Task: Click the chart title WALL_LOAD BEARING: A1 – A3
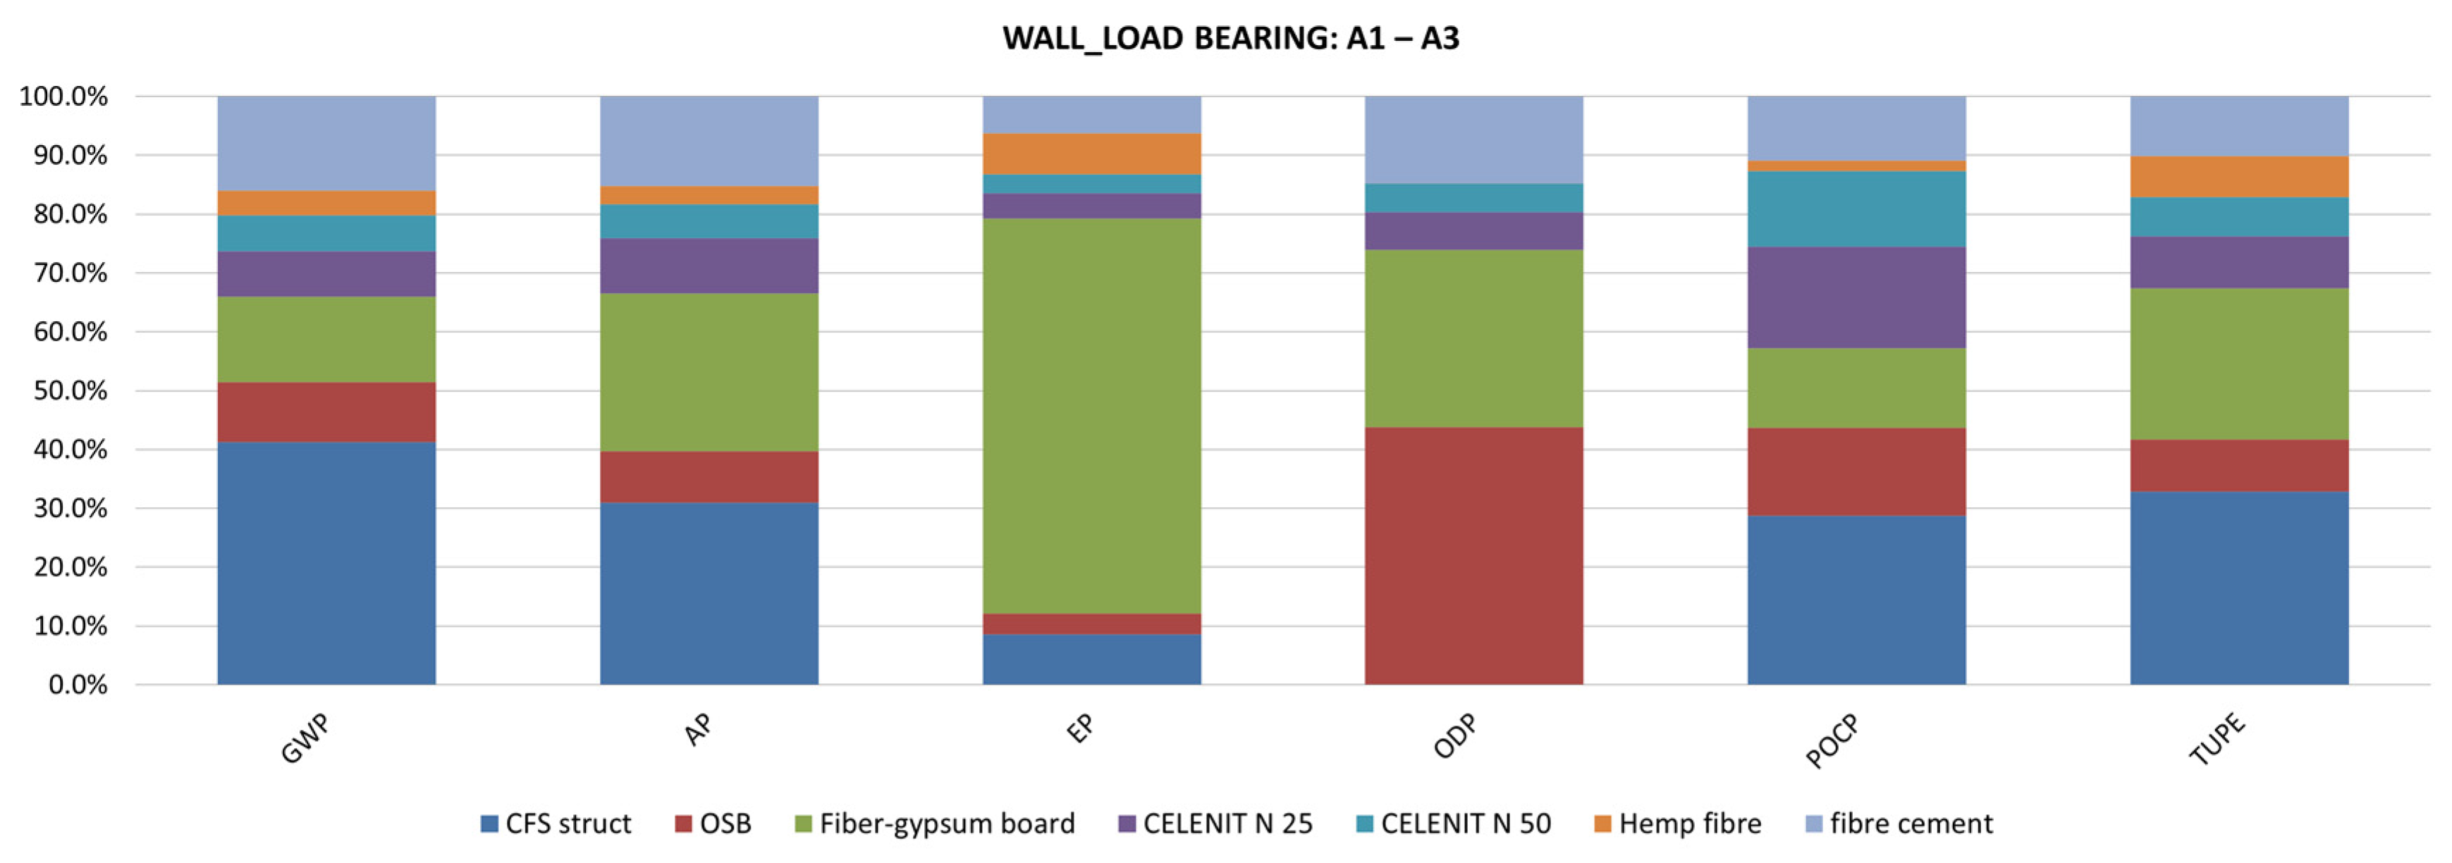click(x=1230, y=38)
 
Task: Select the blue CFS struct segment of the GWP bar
click(x=326, y=562)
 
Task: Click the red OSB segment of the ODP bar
click(x=1473, y=556)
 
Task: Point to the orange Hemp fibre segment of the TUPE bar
click(x=2239, y=177)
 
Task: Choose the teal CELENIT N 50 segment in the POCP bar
click(x=1856, y=209)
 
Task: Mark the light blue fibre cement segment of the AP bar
click(x=709, y=141)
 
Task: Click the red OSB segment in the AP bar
click(x=709, y=477)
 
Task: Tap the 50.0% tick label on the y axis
click(x=63, y=391)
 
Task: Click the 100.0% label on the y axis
click(x=63, y=96)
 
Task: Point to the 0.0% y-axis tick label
click(x=76, y=685)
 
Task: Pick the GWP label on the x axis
click(x=305, y=739)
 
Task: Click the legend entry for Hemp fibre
click(x=1677, y=824)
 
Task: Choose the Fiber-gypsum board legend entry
click(x=935, y=824)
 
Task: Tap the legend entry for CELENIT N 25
click(x=1215, y=824)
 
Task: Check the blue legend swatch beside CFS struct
click(x=489, y=824)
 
